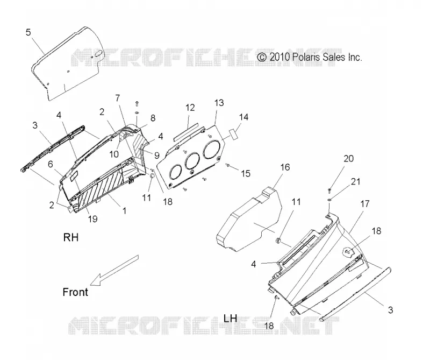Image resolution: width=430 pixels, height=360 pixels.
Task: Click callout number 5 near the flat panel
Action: [x=28, y=32]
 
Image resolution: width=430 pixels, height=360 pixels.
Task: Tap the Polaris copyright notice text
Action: [x=310, y=57]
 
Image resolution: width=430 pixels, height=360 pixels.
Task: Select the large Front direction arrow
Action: [x=114, y=270]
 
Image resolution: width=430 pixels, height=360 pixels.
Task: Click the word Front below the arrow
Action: [x=75, y=292]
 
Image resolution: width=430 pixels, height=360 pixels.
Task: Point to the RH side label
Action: [x=71, y=237]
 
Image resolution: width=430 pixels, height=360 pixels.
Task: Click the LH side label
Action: [x=231, y=318]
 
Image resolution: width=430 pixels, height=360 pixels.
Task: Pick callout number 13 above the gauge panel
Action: [x=219, y=103]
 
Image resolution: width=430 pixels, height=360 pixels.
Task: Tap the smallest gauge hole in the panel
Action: [x=176, y=172]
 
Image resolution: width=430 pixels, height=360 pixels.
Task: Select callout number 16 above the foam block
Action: [x=285, y=167]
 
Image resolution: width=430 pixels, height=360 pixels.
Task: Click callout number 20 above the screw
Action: [x=348, y=158]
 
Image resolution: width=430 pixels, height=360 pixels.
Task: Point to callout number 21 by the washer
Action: [x=355, y=181]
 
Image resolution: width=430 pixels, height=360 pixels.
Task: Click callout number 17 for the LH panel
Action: [x=365, y=204]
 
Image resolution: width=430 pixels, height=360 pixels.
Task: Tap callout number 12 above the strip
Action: [x=190, y=108]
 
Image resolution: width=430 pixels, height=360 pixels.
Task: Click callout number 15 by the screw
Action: [x=246, y=173]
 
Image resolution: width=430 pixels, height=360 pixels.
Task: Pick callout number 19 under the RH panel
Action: [x=92, y=219]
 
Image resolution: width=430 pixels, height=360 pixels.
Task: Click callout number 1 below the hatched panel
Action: [x=124, y=211]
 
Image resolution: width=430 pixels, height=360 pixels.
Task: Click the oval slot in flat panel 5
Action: [x=98, y=54]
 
